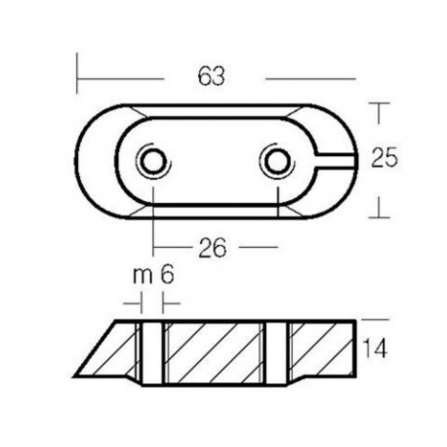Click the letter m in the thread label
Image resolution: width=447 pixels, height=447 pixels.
coord(141,276)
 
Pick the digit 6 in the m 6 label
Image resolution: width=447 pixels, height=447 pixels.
coord(167,276)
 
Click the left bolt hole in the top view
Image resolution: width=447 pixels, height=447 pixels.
coord(153,160)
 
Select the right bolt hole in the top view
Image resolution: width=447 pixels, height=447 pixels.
coord(274,160)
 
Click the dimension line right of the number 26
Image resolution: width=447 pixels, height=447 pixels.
coord(258,248)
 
